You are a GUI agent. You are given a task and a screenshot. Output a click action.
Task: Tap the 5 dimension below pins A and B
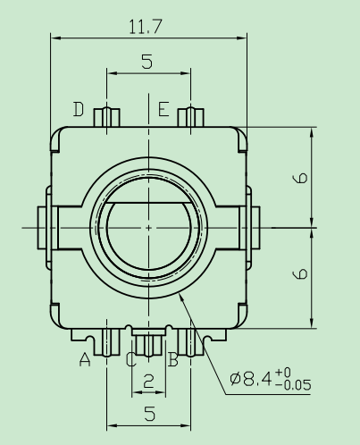tap(147, 414)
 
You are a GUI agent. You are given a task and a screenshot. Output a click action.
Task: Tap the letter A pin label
tap(86, 360)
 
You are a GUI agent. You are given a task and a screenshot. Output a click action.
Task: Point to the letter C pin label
tap(131, 360)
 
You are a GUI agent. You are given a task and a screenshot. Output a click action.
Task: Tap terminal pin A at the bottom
tap(106, 342)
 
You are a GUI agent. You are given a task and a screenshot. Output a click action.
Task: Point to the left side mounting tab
tap(43, 227)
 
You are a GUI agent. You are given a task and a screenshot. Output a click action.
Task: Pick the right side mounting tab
tap(253, 227)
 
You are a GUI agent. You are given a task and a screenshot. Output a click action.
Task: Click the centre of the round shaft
tap(147, 227)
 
